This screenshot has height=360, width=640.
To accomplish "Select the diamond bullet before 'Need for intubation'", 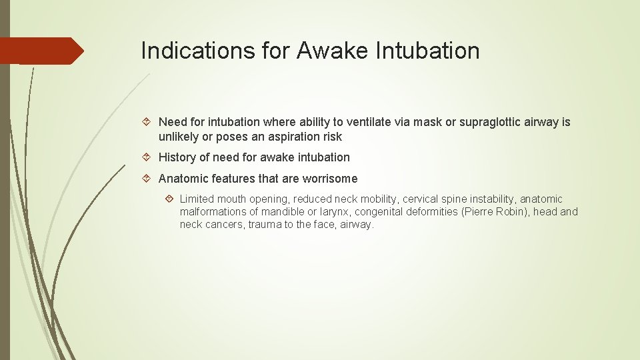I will (149, 123).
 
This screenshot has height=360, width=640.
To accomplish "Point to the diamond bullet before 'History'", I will (149, 157).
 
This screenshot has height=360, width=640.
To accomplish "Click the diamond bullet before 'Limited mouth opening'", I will (170, 199).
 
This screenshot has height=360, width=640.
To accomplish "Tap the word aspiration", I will (283, 137).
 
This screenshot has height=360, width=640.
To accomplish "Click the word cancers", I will (225, 225).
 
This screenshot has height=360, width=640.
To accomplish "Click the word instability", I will (493, 199).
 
